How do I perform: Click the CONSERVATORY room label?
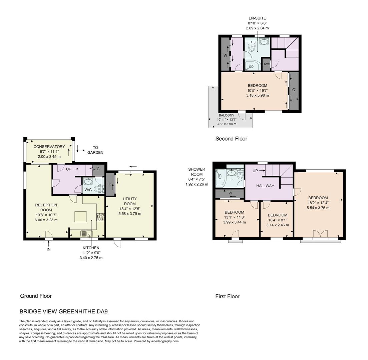click(x=49, y=147)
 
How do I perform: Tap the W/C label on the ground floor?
click(x=88, y=190)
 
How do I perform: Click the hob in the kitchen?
click(x=100, y=217)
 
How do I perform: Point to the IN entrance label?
click(x=48, y=249)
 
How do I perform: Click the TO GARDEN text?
click(x=95, y=150)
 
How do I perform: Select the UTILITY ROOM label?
click(x=130, y=201)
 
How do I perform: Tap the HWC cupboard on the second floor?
click(x=266, y=64)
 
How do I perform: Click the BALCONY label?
click(x=227, y=115)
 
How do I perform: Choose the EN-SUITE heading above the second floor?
click(x=257, y=18)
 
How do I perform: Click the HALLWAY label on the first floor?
click(x=265, y=186)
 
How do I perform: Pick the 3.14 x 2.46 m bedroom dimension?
click(x=278, y=225)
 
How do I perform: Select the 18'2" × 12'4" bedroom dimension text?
click(x=318, y=203)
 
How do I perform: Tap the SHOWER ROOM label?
click(x=197, y=172)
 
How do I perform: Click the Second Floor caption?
click(x=231, y=139)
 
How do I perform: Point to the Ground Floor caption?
click(x=36, y=296)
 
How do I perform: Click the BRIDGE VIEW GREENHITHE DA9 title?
click(x=63, y=312)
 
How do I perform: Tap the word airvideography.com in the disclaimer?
click(x=163, y=341)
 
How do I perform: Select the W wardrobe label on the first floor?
click(x=230, y=193)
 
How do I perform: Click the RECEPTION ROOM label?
click(x=46, y=207)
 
